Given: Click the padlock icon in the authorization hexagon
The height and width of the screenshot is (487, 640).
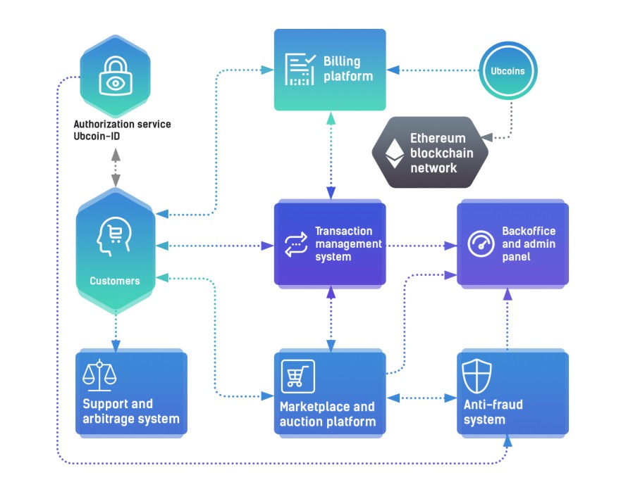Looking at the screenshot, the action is coord(116,75).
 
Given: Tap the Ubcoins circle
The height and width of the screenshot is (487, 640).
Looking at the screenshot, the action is coord(507,70).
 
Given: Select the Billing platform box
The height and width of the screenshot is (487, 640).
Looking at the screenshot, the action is coord(330,70).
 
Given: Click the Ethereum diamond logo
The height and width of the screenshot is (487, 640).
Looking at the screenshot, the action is coord(395,153).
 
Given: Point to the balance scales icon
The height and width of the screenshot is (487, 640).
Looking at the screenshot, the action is coord(99,375).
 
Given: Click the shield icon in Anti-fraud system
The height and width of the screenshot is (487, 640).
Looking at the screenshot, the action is coord(476,376).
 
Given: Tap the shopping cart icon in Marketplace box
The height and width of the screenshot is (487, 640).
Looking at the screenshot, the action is coord(298,376).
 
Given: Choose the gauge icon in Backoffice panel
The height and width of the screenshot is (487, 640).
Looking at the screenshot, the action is coord(481,243).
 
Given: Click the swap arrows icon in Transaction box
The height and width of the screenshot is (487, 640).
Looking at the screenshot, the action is coord(296,244).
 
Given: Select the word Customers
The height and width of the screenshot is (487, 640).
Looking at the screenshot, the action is coord(115,281).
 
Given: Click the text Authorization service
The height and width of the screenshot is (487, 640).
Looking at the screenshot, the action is coord(122,124).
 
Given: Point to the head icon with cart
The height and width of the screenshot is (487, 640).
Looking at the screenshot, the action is coord(114,236).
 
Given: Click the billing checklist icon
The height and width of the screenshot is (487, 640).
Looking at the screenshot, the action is coord(300,69).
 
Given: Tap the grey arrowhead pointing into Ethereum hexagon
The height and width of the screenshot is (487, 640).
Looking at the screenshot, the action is coord(487,137).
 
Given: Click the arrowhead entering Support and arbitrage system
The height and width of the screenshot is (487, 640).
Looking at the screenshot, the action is coord(116,346).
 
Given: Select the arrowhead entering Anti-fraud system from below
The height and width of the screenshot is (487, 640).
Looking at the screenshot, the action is coord(507,441).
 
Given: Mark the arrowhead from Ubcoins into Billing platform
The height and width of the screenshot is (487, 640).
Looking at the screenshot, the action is coord(393,70).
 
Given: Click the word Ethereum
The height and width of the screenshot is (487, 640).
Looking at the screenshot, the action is coord(438,139).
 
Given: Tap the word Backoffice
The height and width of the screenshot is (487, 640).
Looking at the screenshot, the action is coord(529,231).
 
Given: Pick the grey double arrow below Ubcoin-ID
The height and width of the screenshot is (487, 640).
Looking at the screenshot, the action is coord(116,167).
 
